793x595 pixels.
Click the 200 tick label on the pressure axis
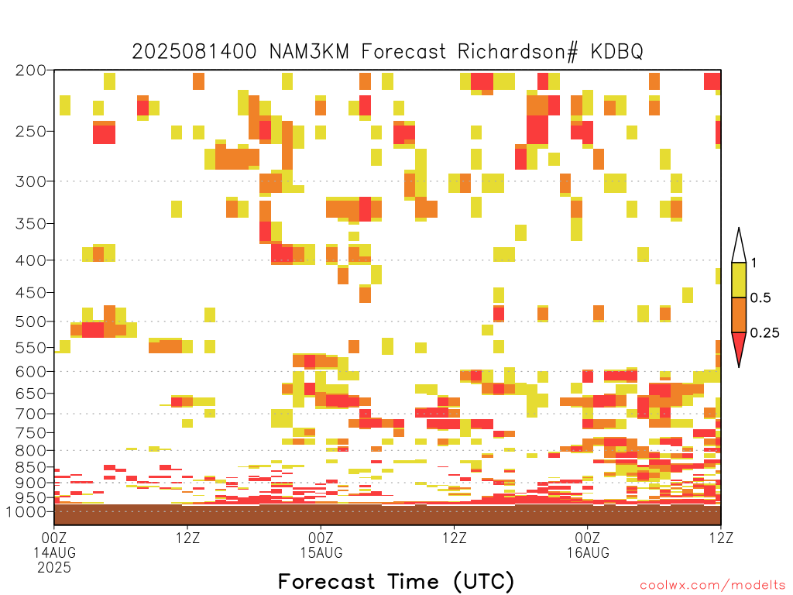[x=31, y=71]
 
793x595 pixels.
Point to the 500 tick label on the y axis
[x=31, y=322]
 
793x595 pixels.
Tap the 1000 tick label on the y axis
[x=26, y=512]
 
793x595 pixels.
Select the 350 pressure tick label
[x=31, y=224]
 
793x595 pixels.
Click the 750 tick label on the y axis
[x=31, y=433]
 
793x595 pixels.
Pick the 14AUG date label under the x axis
[x=55, y=552]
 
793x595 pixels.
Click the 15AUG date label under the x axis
[x=321, y=552]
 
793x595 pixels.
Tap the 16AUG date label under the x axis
[x=588, y=552]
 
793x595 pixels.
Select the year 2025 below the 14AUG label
[x=54, y=568]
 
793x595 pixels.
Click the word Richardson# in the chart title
[x=517, y=52]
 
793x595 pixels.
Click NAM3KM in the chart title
[x=309, y=52]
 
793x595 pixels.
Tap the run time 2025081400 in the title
[x=194, y=52]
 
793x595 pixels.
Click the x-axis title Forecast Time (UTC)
[x=396, y=581]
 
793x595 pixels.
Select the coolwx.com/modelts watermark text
[x=712, y=586]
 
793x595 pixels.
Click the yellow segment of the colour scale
[x=739, y=280]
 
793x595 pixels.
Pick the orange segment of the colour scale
[x=739, y=315]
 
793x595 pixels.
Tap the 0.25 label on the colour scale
[x=764, y=333]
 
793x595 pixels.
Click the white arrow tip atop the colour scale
[x=739, y=229]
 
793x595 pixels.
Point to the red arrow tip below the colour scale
[x=739, y=366]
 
